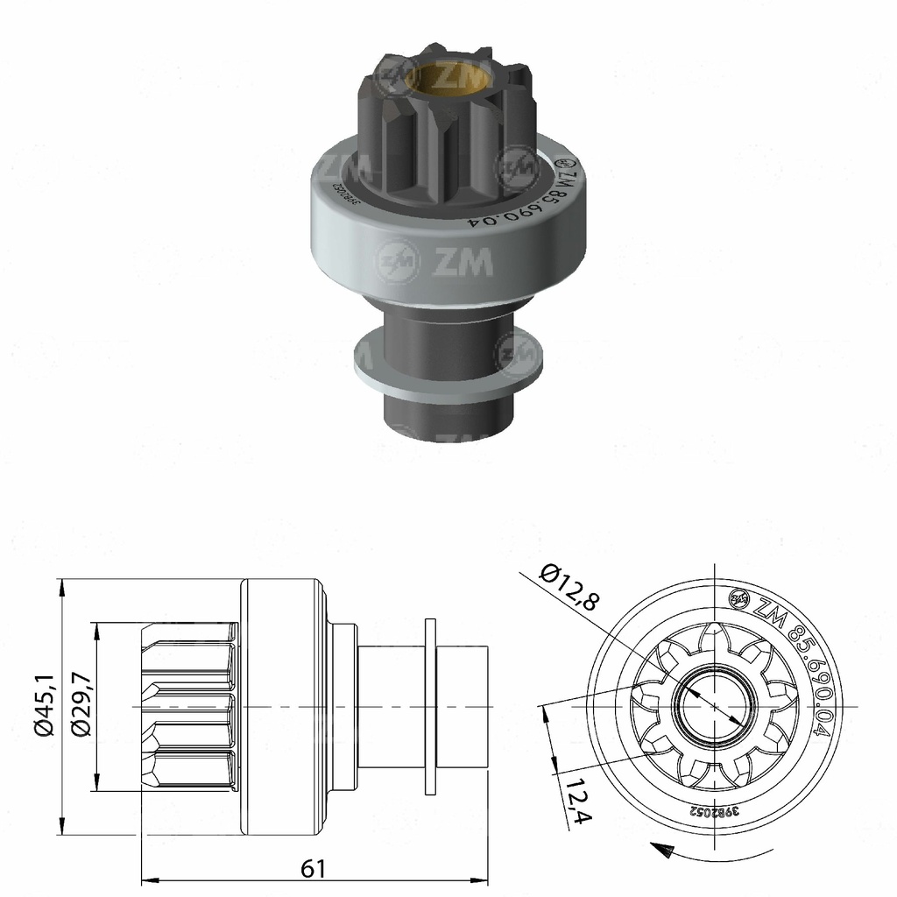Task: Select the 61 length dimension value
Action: click(x=313, y=868)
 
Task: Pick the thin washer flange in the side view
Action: click(x=429, y=707)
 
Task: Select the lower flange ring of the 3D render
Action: click(x=447, y=368)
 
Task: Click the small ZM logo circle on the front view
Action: click(x=738, y=598)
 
